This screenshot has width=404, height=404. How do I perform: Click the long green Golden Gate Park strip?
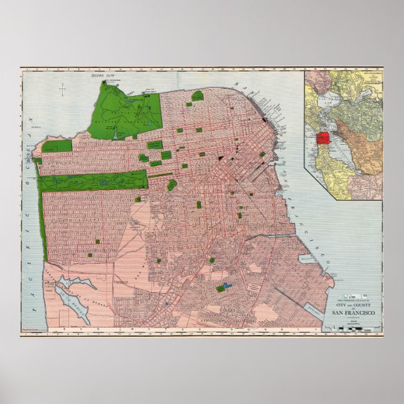(94, 181)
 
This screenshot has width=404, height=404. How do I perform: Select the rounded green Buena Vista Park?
(171, 184)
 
